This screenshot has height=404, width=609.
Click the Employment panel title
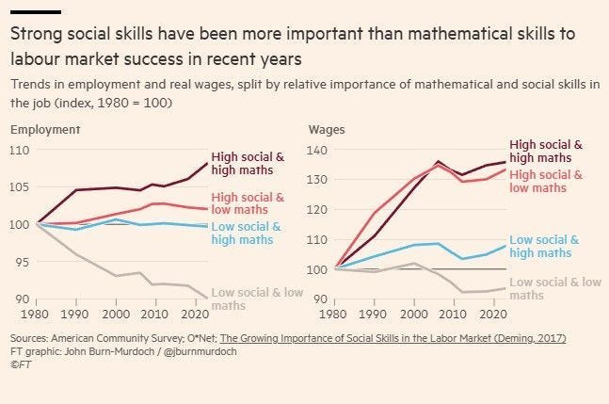(x=45, y=130)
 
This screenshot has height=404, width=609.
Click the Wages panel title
(x=327, y=130)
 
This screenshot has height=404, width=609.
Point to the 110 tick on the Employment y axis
(x=20, y=151)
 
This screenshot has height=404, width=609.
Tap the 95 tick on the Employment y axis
(x=23, y=262)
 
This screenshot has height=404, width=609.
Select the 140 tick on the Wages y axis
(x=317, y=151)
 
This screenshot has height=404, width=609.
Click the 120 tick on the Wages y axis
(x=317, y=210)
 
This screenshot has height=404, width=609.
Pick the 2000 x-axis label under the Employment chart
(x=116, y=314)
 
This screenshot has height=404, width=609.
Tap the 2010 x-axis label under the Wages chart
(x=453, y=314)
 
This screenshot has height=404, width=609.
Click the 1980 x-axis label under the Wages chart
(x=333, y=314)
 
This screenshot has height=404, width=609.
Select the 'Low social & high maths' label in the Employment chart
(x=246, y=234)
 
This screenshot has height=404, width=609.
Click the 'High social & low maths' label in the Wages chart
(x=546, y=182)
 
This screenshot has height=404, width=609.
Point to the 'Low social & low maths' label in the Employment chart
(x=257, y=299)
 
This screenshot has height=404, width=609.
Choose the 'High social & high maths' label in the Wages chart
(x=546, y=151)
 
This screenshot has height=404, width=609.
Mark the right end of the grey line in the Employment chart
(x=207, y=298)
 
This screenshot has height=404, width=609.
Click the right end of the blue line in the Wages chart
(x=505, y=246)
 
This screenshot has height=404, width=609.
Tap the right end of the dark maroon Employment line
(x=207, y=163)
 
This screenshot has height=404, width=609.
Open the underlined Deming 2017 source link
(x=393, y=338)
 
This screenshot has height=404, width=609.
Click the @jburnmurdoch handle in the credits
(x=200, y=351)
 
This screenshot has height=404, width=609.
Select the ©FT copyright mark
(x=21, y=364)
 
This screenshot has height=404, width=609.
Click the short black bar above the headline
(x=36, y=12)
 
